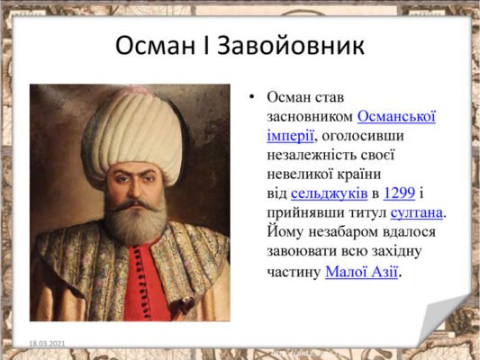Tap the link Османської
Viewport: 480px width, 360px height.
396,116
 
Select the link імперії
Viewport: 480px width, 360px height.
290,135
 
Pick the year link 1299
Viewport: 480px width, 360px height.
400,193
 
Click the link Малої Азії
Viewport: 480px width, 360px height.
361,271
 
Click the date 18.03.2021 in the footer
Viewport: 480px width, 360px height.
47,343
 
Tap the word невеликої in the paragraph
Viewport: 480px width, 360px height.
302,174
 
